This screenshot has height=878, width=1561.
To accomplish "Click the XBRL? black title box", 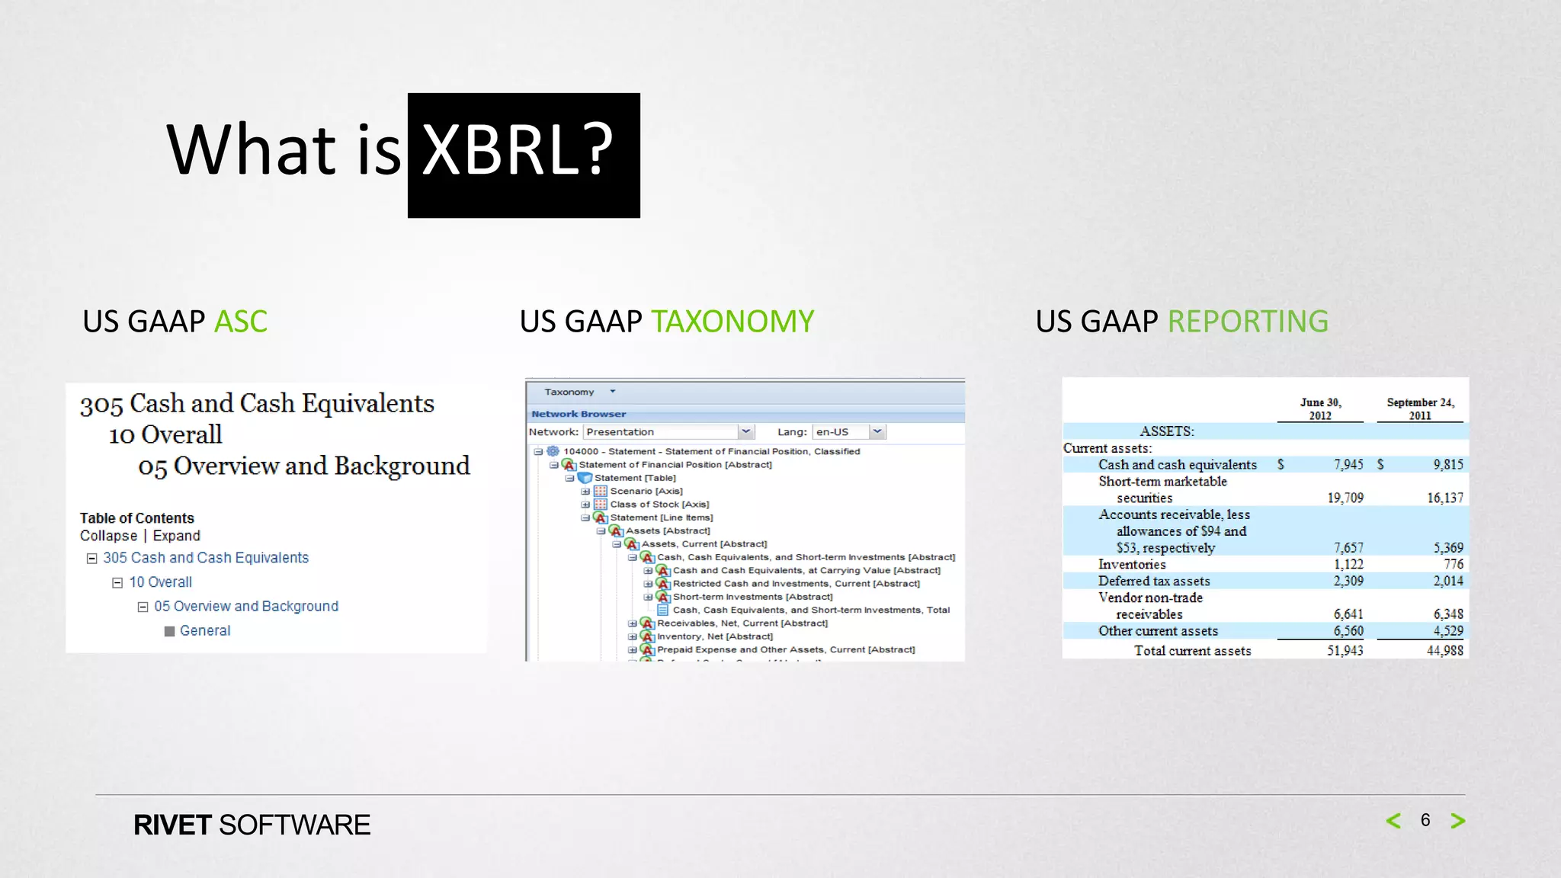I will pos(524,155).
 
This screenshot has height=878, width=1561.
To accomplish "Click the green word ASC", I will pos(241,322).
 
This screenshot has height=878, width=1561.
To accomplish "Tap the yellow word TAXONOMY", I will pos(732,322).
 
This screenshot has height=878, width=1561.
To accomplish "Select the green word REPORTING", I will pos(1248,322).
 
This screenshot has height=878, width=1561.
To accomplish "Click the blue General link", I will pos(204,631).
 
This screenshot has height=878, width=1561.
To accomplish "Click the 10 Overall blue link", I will pos(160,582).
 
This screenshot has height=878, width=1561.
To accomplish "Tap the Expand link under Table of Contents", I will pos(176,536).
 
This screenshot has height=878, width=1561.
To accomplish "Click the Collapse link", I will pos(108,536).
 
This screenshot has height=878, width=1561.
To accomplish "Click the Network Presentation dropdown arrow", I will pos(745,431).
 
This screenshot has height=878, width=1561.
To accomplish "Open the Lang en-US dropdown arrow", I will pos(877,431).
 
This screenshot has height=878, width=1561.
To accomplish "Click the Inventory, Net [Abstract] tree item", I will pos(714,636).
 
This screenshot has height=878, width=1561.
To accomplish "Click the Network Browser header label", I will pos(579,414).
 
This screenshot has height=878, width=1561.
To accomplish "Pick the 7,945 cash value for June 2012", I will pos(1348,464).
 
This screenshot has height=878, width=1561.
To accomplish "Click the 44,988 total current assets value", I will pos(1444,651).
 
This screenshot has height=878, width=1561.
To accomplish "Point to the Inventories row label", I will pos(1131,565).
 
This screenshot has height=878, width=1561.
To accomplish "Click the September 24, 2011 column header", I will pos(1420,409).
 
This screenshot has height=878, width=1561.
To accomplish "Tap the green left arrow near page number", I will pos(1393,821).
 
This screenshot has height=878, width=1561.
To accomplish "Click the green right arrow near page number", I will pos(1457,821).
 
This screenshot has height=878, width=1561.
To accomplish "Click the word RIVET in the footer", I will pos(172,825).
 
